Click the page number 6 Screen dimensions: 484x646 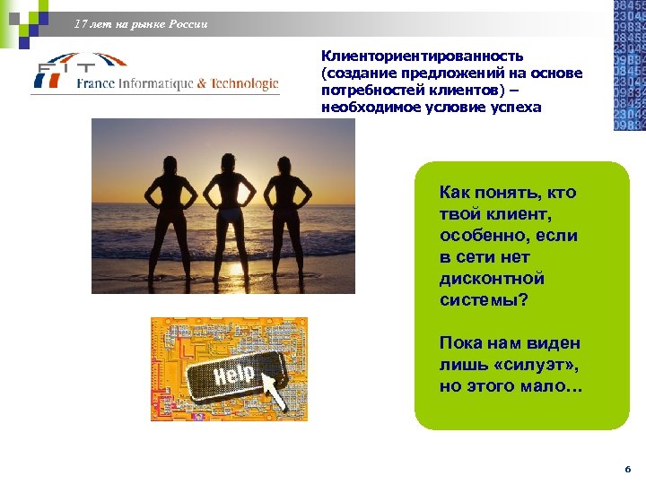coord(628,469)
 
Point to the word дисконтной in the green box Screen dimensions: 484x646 coord(492,279)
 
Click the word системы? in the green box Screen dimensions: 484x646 coord(484,300)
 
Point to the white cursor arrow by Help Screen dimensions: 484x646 coord(273,393)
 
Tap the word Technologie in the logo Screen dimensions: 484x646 coord(244,84)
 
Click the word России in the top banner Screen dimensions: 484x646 coord(188,24)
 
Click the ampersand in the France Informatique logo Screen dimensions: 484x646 coord(202,84)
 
